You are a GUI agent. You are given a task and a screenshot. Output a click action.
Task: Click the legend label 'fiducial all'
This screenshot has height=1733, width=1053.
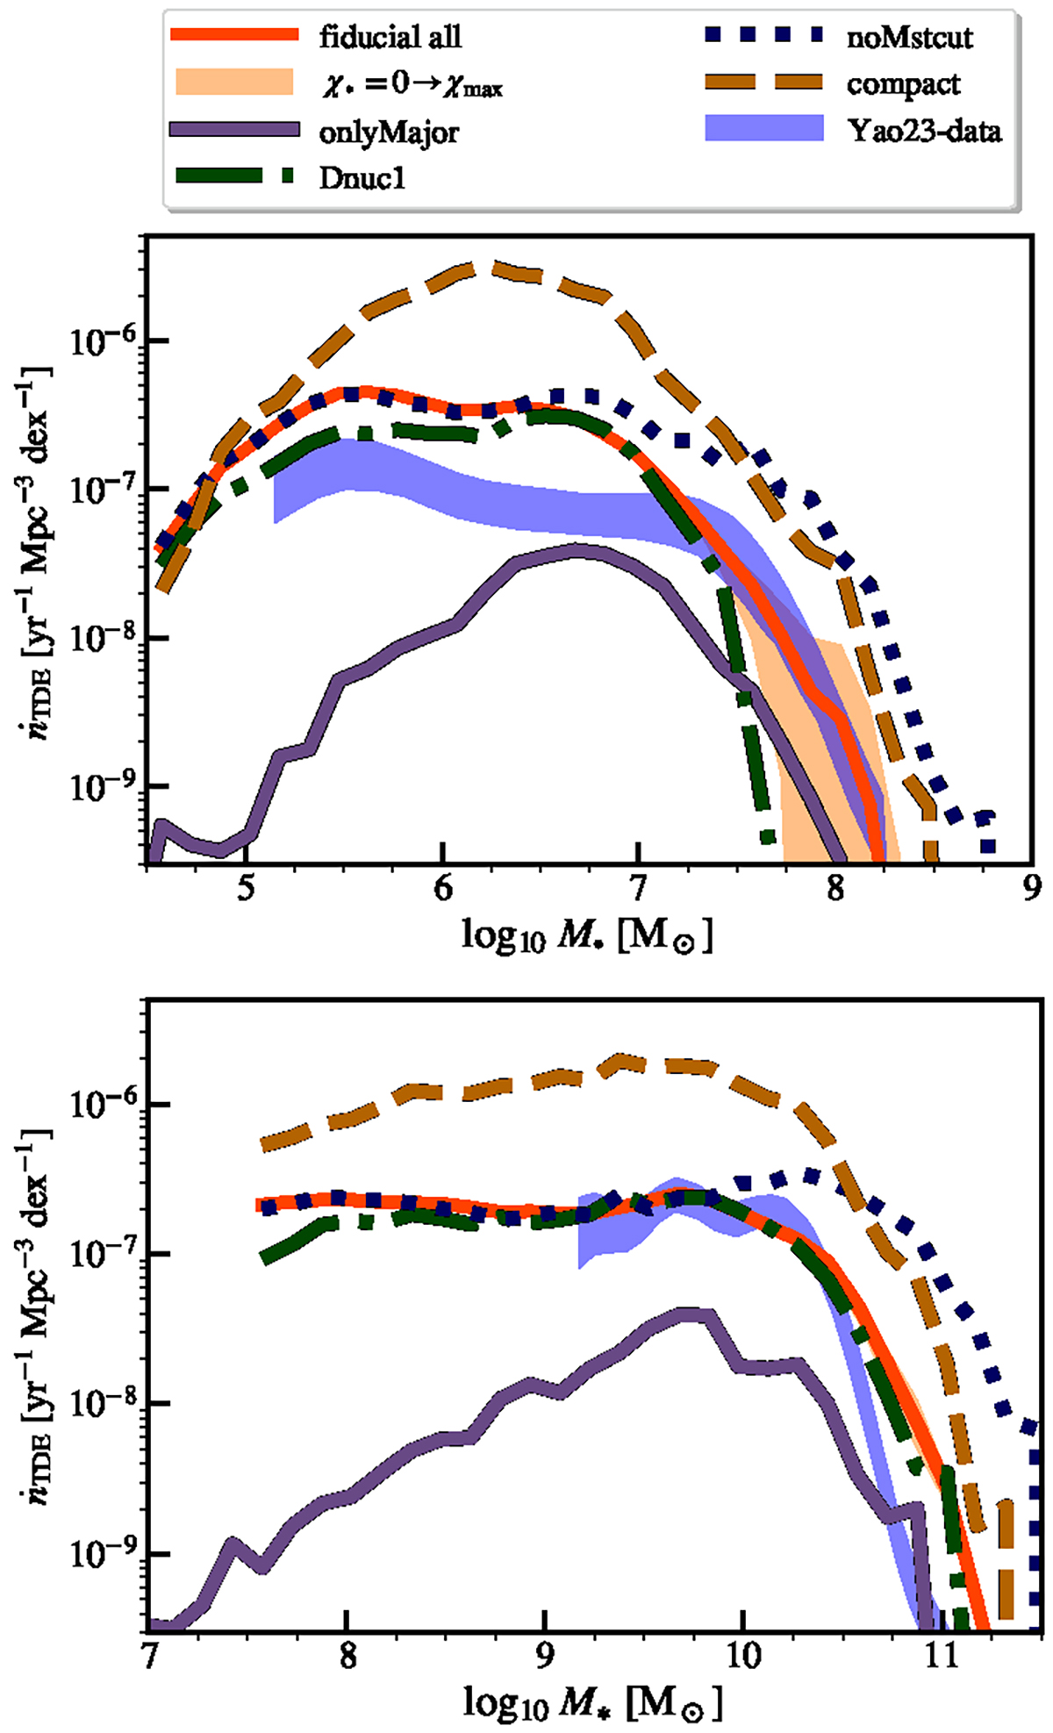coord(390,37)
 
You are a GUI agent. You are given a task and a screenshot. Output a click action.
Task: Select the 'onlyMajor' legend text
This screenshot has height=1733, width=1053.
coord(390,132)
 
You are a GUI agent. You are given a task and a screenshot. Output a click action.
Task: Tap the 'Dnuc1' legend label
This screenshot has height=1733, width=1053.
coord(362,179)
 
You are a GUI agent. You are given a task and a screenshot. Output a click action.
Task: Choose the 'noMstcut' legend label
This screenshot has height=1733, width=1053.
coord(910,37)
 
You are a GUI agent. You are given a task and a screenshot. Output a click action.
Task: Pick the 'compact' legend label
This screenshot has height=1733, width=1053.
coord(904,85)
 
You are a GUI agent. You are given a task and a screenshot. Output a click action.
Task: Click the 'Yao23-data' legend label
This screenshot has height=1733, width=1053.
coord(924,132)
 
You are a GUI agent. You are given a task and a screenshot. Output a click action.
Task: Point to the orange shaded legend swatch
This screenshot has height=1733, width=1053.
coord(233,84)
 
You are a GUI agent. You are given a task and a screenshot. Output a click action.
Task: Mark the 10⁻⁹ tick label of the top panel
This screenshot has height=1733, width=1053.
coord(97,786)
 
